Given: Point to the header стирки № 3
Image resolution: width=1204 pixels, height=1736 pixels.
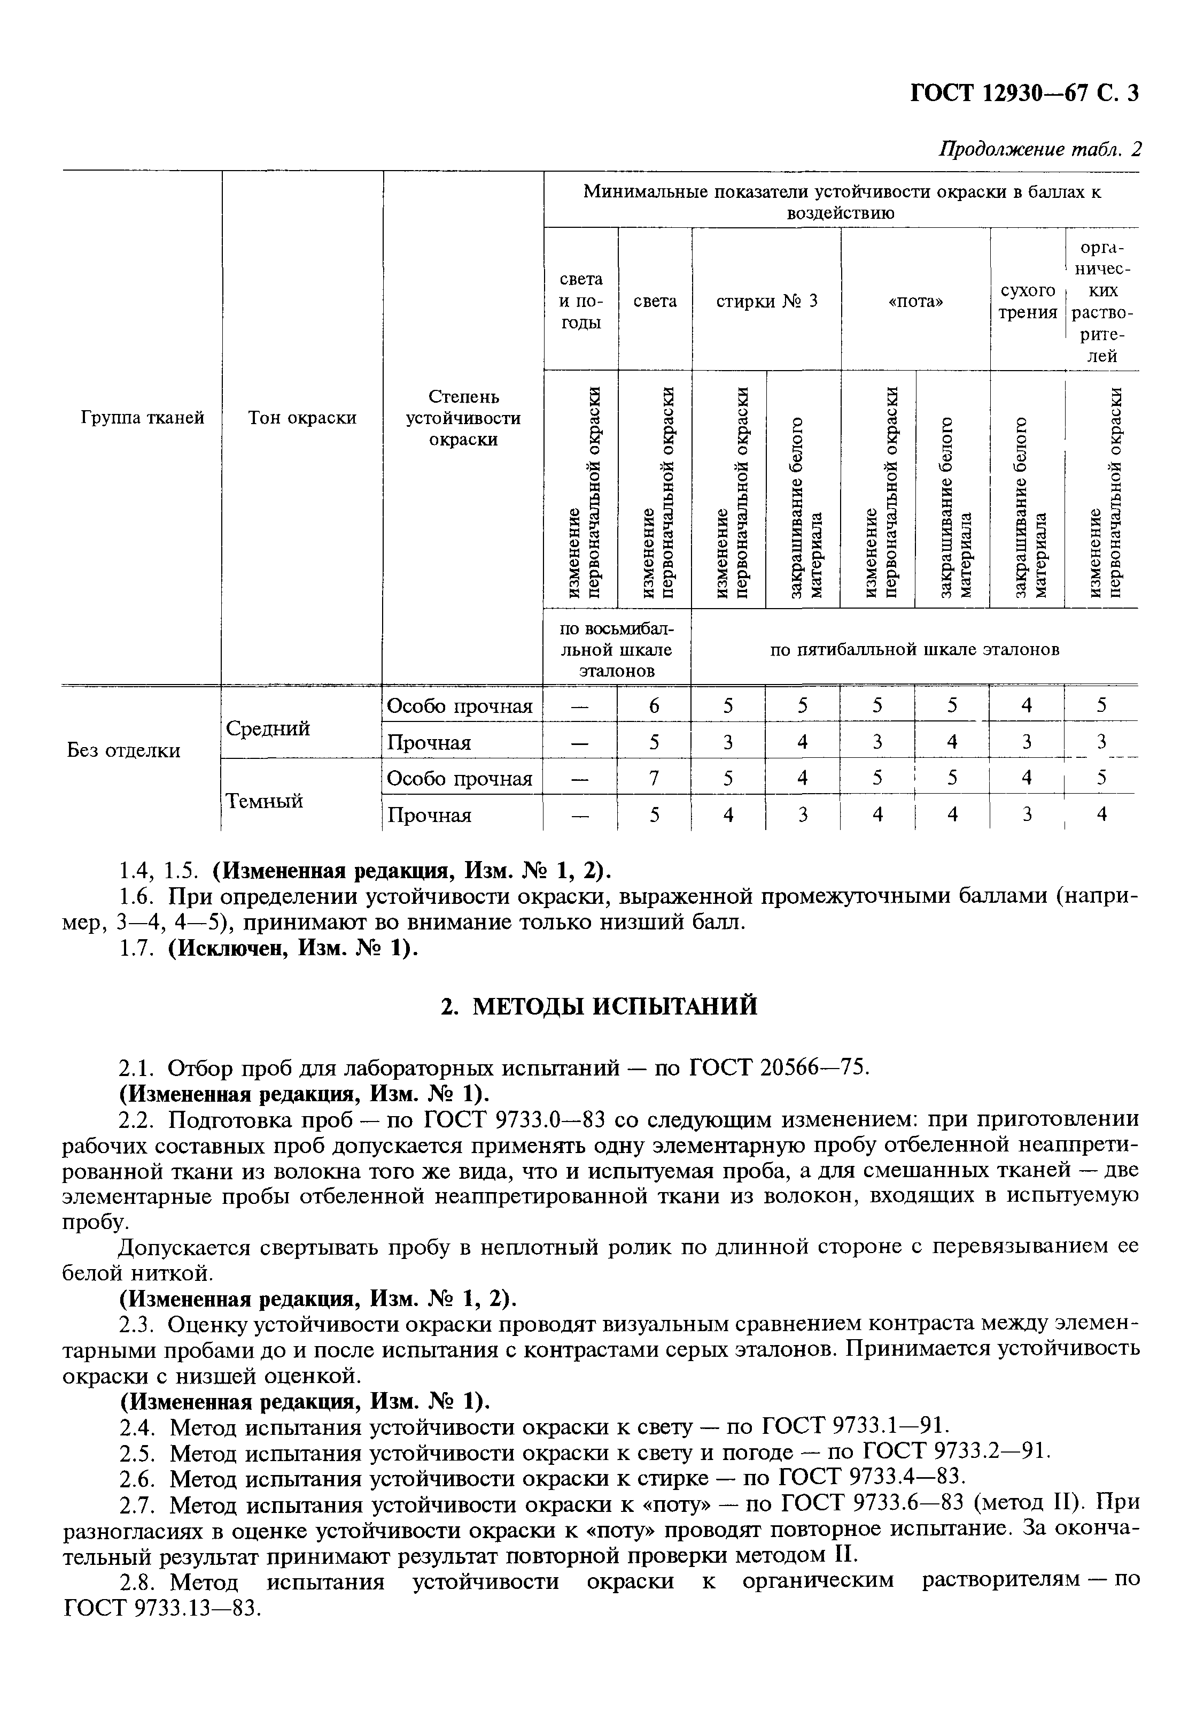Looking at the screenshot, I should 766,301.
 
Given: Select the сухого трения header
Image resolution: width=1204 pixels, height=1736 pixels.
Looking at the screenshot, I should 1028,301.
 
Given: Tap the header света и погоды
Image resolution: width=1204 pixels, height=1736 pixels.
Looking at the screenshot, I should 580,301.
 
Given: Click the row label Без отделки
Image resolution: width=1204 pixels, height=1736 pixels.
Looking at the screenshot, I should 124,750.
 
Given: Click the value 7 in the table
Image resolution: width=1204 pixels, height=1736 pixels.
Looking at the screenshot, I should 654,778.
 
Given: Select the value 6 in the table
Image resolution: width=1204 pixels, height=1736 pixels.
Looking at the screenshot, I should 654,706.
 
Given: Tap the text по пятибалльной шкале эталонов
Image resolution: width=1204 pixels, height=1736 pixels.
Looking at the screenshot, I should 914,649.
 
